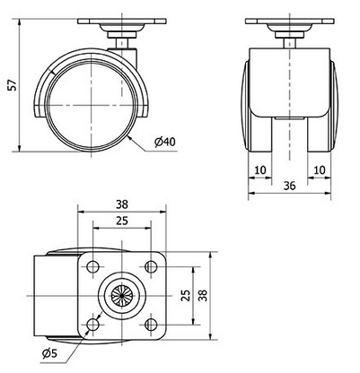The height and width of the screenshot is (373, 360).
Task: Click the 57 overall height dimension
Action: click(x=9, y=84)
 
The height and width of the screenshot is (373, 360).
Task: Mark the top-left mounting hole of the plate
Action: click(x=93, y=266)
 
